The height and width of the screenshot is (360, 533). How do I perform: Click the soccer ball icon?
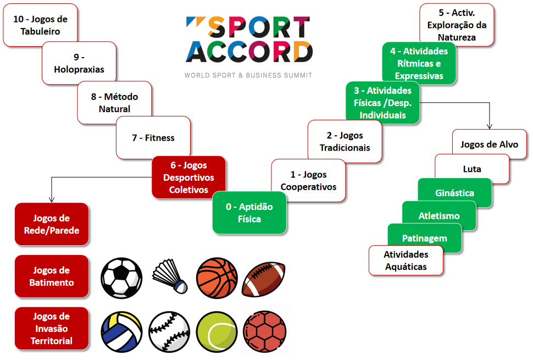(121, 278)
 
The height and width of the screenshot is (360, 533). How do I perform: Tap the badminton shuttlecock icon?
(170, 277)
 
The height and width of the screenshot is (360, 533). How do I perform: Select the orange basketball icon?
(217, 278)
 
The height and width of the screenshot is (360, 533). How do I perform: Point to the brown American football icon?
(263, 279)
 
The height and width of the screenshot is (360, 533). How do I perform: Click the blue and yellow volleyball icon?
(121, 331)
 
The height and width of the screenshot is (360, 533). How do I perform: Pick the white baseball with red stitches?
(169, 331)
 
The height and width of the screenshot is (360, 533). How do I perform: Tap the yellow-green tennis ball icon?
(217, 331)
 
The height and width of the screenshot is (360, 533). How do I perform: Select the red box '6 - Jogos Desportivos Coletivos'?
(188, 178)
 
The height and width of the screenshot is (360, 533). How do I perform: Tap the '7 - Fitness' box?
(153, 137)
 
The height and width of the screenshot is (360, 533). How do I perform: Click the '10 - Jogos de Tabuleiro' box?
(40, 25)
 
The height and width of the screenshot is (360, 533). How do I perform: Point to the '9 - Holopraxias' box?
(79, 63)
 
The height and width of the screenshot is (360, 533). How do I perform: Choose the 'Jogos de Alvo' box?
(489, 144)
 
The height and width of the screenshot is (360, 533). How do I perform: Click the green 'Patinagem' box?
(424, 238)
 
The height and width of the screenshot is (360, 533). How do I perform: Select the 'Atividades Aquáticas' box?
(406, 261)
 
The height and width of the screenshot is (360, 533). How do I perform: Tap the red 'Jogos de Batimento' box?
(52, 276)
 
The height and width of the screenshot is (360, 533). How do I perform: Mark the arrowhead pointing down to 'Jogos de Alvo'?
(489, 126)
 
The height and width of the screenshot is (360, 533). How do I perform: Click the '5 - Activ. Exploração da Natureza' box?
(456, 25)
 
